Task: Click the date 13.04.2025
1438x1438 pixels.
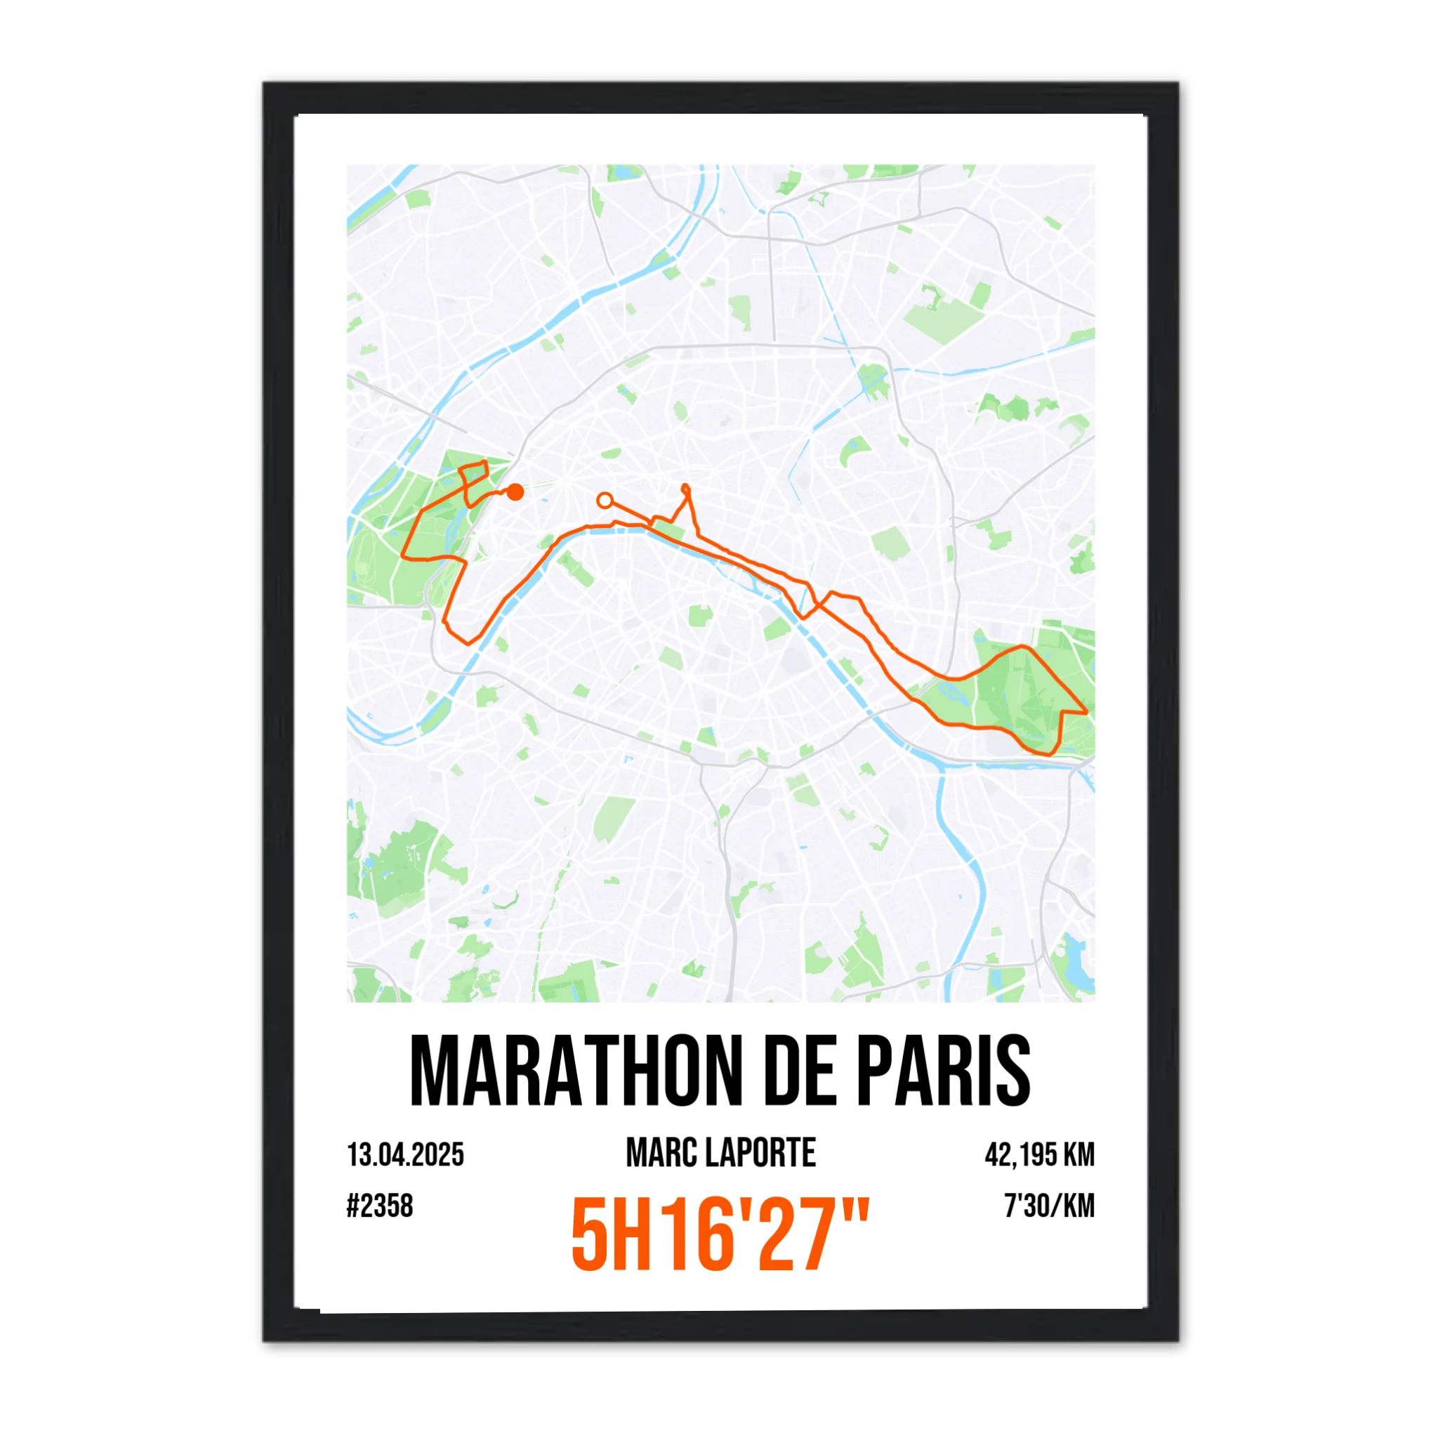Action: pyautogui.click(x=406, y=1154)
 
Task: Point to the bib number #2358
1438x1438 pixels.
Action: pyautogui.click(x=380, y=1206)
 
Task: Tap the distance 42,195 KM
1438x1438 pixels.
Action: pyautogui.click(x=1039, y=1154)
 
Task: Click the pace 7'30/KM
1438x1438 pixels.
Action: pyautogui.click(x=1050, y=1206)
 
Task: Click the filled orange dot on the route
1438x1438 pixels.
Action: pyautogui.click(x=515, y=492)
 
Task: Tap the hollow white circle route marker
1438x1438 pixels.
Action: pyautogui.click(x=605, y=500)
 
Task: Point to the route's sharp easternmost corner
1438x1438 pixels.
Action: pyautogui.click(x=1087, y=712)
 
